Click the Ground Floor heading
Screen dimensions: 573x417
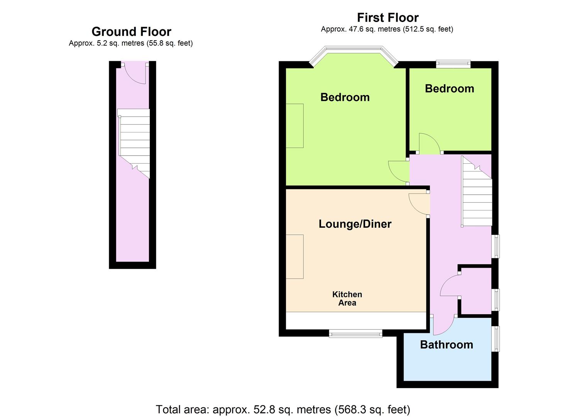click(131, 32)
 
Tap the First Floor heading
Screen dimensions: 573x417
click(388, 18)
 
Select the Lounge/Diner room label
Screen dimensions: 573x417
click(355, 224)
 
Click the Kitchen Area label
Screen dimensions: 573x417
click(347, 298)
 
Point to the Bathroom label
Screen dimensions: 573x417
click(446, 345)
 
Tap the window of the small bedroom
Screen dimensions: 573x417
click(453, 64)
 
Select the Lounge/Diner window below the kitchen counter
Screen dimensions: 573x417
click(355, 334)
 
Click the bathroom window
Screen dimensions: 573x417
click(496, 339)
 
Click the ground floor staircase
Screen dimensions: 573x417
click(134, 143)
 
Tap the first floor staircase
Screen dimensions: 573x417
click(477, 191)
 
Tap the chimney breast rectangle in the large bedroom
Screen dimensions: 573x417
click(295, 126)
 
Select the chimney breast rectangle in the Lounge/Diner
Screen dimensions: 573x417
click(295, 256)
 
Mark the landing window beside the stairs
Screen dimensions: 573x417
click(496, 246)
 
